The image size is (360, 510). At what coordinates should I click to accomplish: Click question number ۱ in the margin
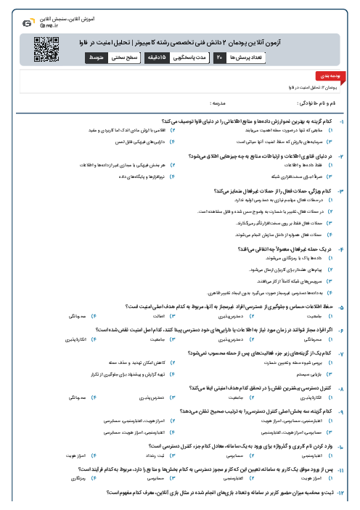[351, 120]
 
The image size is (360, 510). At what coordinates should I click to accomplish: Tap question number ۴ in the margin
[351, 248]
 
